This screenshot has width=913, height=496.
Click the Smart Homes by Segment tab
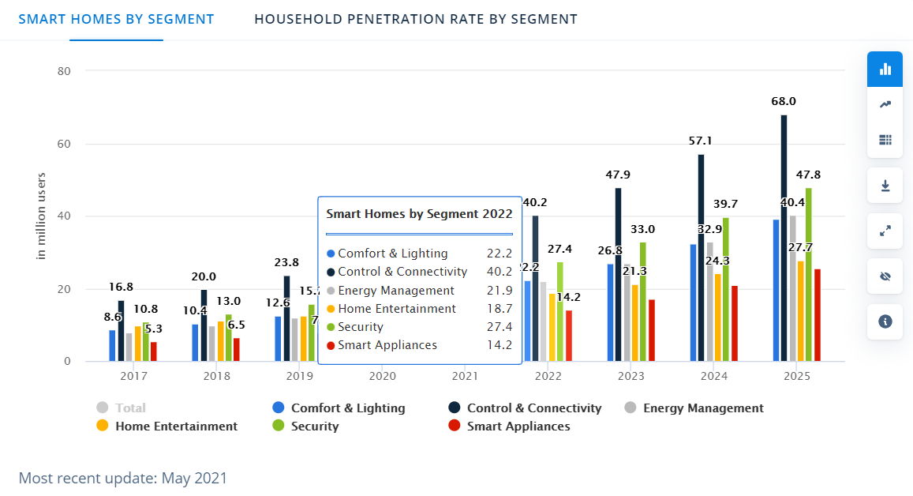[116, 19]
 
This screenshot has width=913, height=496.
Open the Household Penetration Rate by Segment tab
[415, 19]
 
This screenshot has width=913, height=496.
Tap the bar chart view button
[885, 69]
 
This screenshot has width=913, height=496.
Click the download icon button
[885, 186]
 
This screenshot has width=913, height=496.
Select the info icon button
[885, 321]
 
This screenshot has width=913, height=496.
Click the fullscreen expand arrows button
[885, 231]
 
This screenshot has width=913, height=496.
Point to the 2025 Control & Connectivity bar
[784, 237]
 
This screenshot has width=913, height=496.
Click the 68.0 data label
[784, 102]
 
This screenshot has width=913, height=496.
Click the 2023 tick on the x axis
[631, 377]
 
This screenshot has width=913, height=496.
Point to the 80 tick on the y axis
[65, 71]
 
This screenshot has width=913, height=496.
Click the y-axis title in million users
[43, 215]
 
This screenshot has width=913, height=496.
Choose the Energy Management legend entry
[694, 408]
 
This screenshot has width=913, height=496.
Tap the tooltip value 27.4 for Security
[500, 327]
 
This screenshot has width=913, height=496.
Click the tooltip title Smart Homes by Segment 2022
[419, 213]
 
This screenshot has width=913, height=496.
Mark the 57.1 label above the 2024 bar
[701, 141]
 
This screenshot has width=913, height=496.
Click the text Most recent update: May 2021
[122, 478]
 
